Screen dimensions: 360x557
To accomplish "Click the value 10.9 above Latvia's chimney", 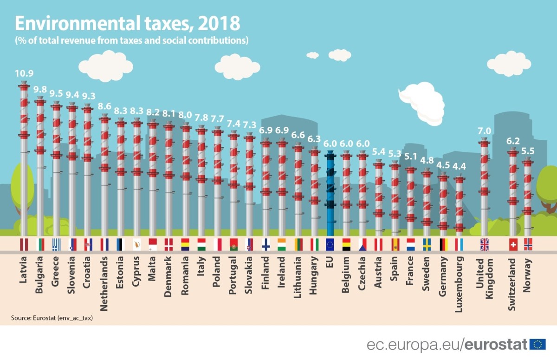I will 24,73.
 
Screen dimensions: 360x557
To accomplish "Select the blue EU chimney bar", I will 330,195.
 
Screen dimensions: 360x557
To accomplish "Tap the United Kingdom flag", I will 484,244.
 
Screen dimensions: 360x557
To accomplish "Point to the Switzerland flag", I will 513,244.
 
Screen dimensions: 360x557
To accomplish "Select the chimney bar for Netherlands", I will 104,177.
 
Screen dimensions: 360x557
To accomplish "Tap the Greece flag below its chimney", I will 56,244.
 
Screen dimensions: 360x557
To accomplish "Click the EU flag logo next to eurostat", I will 538,344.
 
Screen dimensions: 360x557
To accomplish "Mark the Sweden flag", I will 427,244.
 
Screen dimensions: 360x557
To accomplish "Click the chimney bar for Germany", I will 443,204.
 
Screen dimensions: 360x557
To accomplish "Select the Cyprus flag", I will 136,244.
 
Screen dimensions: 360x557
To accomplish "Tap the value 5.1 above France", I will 410,157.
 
